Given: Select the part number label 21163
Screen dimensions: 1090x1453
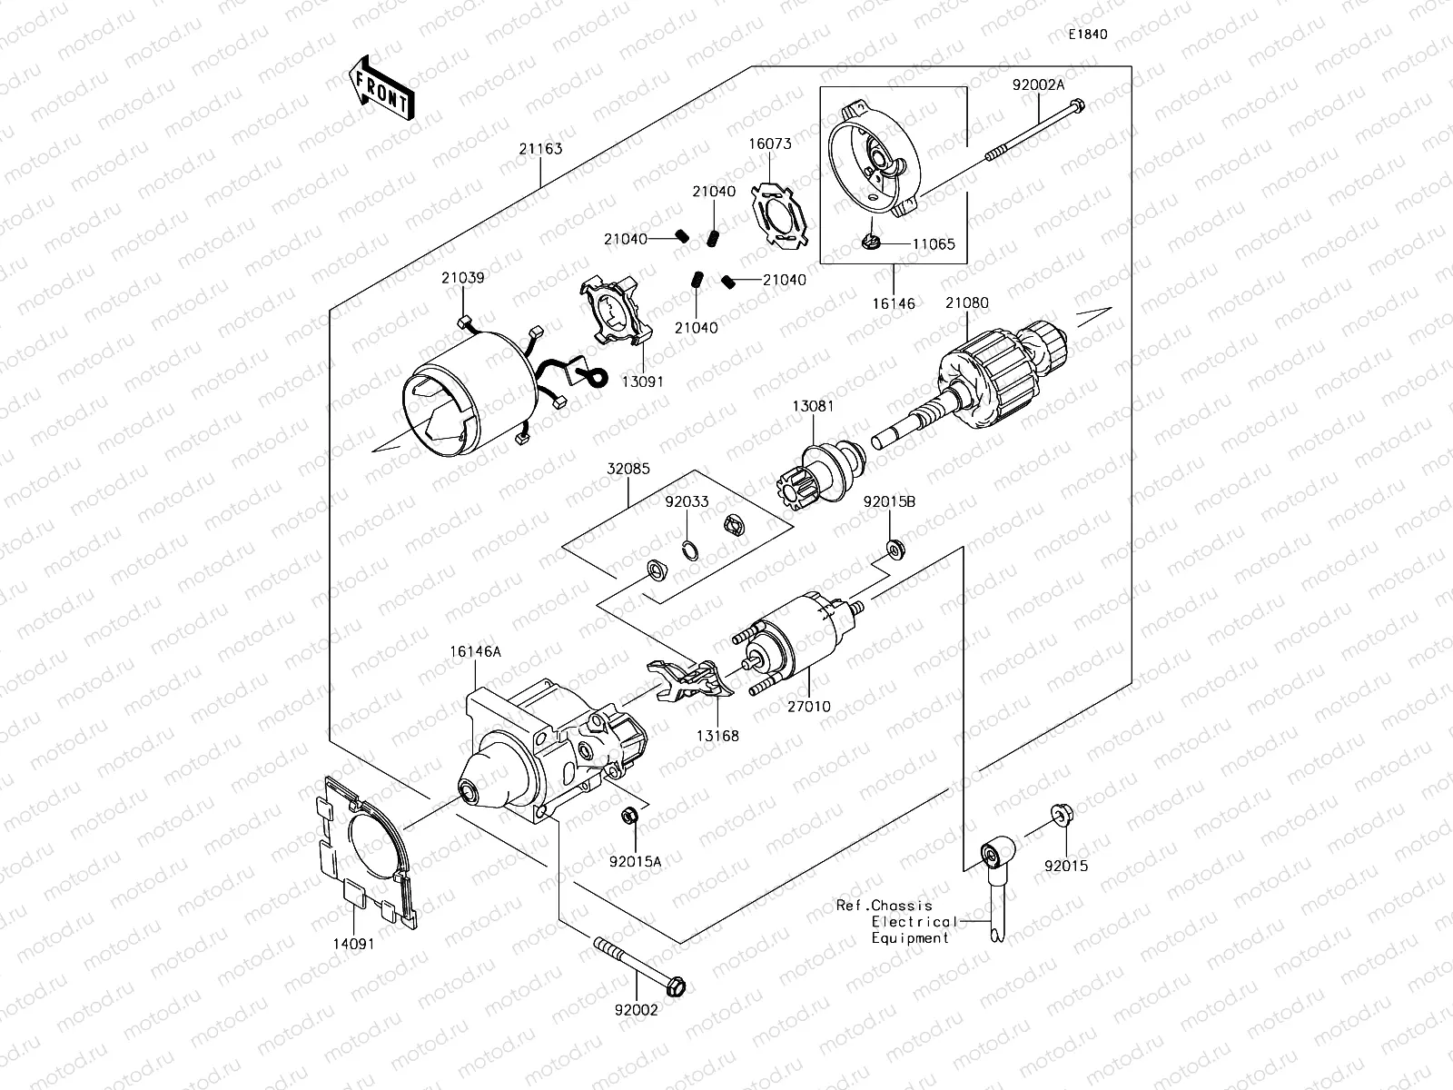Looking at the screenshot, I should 540,149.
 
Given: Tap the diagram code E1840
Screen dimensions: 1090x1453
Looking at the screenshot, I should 1087,35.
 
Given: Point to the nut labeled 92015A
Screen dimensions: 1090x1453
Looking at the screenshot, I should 629,817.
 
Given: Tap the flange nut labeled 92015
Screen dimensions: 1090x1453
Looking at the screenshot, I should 1059,814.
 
